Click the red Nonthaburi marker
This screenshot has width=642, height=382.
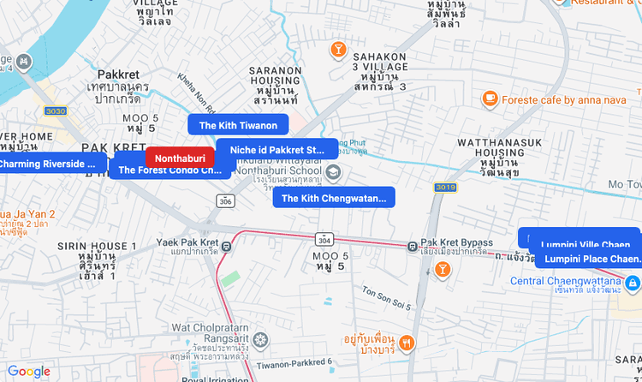180,158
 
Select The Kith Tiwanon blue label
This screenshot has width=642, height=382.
238,125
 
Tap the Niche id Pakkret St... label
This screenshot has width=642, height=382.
277,149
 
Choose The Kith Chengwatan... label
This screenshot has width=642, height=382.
334,198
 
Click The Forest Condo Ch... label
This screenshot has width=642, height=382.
169,170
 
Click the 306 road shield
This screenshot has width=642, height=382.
225,200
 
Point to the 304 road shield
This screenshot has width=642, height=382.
324,239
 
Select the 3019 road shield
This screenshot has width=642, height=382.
445,187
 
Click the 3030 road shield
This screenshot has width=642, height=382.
56,111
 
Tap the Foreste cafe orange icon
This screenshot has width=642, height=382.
490,99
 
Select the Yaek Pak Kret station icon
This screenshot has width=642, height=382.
226,248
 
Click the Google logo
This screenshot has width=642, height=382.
29,372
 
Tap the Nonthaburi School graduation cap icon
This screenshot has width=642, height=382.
334,175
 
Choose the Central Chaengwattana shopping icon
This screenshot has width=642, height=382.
633,282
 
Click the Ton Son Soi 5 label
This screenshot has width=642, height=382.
387,298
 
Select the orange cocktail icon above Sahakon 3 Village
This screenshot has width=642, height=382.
338,49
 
